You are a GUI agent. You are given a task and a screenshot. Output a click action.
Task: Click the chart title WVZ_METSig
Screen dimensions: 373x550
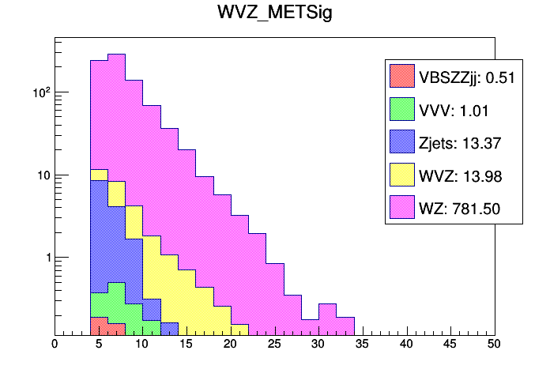coord(274,13)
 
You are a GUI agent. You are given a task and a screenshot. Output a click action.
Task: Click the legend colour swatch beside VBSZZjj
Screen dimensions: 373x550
coord(401,77)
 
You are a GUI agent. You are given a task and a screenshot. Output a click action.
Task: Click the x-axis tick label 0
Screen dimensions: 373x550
coord(55,345)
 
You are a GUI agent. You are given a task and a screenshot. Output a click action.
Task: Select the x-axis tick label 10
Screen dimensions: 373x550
coord(142,345)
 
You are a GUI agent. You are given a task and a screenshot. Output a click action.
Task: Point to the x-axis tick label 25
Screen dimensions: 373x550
coord(275,345)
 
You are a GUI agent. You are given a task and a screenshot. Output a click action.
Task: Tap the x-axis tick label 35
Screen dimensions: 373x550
coord(363,345)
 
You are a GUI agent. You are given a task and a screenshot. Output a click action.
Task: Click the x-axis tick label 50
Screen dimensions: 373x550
coord(495,345)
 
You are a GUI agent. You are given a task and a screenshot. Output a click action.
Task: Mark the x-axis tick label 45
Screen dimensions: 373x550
coord(451,345)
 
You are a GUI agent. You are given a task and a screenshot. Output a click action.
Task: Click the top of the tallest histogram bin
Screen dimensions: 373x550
coord(116,55)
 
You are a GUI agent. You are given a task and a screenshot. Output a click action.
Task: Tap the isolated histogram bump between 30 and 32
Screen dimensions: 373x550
coord(327,304)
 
